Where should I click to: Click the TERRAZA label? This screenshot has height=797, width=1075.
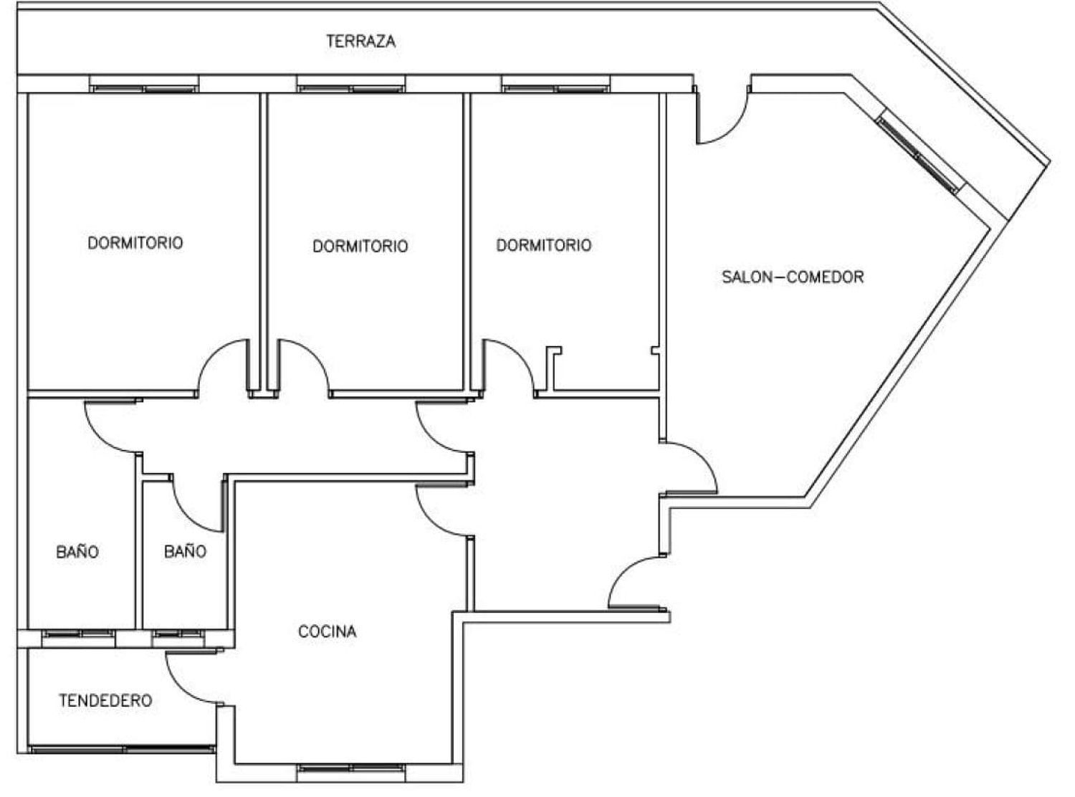click(360, 41)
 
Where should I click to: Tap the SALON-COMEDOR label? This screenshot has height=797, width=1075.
click(793, 277)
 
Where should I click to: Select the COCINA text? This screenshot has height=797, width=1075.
click(327, 631)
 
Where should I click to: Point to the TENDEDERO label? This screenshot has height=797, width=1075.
click(105, 700)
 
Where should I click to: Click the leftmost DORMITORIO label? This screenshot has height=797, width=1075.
click(135, 242)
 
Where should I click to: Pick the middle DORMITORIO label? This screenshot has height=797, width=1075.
click(360, 246)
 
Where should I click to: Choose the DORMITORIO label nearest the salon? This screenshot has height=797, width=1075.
click(544, 245)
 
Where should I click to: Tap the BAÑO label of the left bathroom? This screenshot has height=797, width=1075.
click(77, 552)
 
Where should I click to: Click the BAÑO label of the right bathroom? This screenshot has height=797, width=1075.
click(185, 551)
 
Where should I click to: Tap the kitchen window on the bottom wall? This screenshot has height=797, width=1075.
click(351, 768)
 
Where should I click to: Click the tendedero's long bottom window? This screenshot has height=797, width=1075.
click(122, 749)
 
